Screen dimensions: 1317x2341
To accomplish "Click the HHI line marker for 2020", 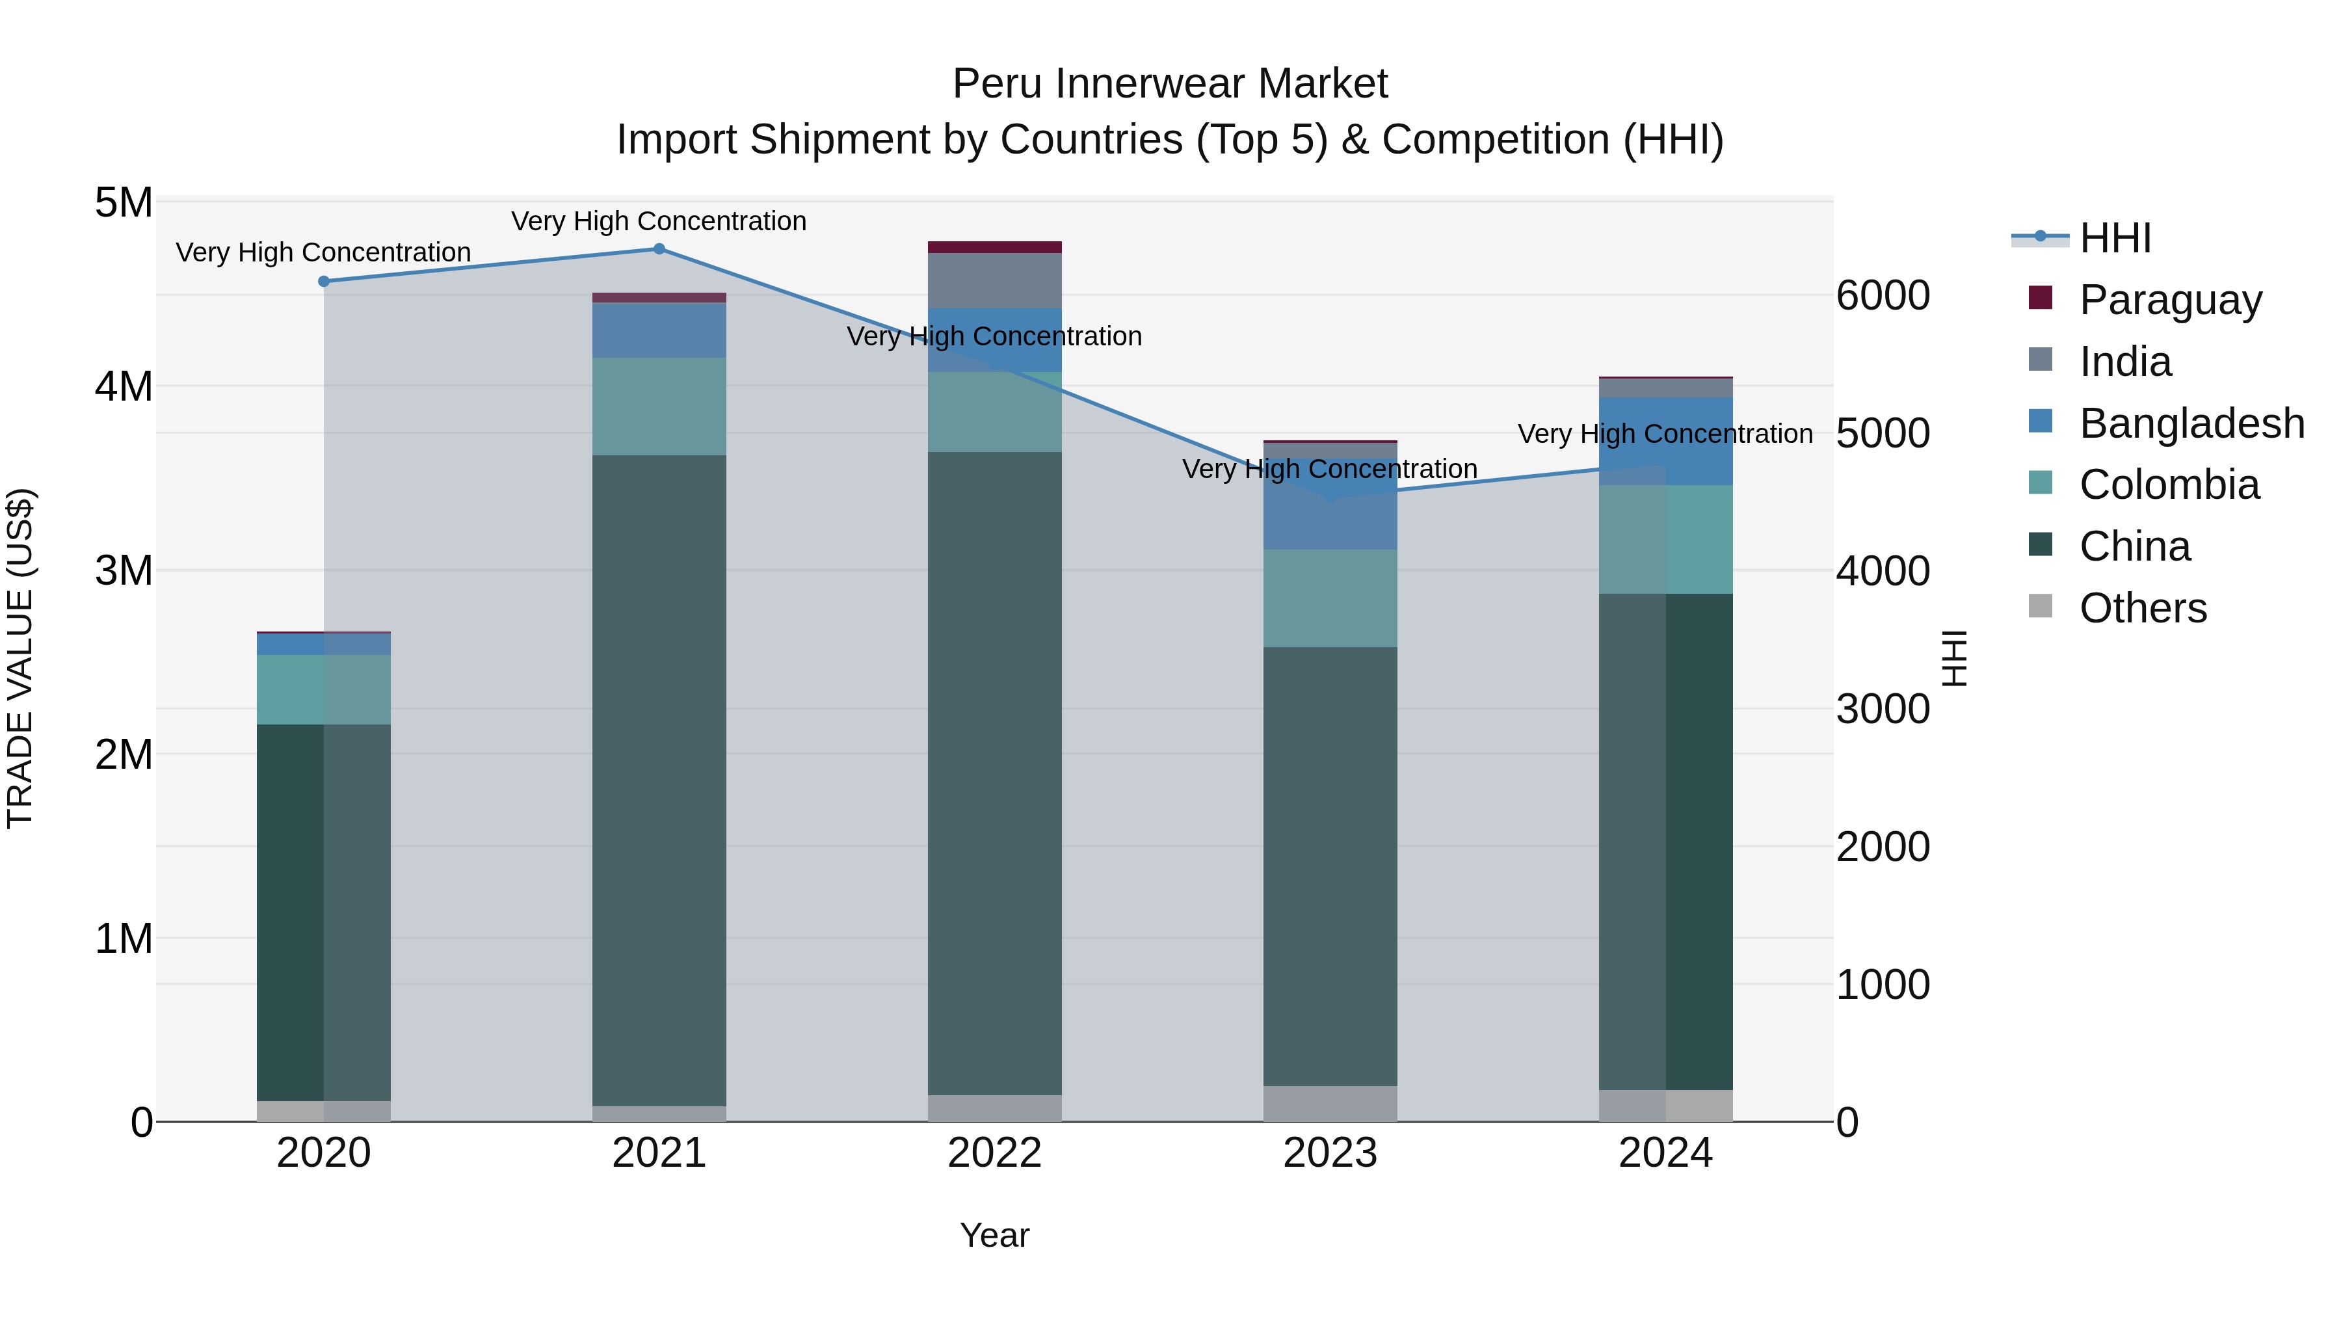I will [x=324, y=282].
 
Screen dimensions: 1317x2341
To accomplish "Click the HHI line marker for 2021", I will [x=659, y=249].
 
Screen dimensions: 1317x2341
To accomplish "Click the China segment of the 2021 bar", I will [x=659, y=782].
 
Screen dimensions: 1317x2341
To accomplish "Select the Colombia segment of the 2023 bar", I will [x=1330, y=598].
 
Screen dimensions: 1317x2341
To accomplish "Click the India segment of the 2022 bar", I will [x=994, y=281].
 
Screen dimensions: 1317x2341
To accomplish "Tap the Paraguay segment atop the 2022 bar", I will [x=994, y=247].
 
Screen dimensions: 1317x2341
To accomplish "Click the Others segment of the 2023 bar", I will [x=1330, y=1104].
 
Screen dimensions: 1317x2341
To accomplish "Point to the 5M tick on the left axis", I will [x=124, y=203].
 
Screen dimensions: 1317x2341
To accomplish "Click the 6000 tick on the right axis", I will [x=1882, y=295].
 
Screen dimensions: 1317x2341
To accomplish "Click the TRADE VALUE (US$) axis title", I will [x=20, y=659].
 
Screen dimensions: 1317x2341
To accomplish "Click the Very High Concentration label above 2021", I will [x=659, y=221].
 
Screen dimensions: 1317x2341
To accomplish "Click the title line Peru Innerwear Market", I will [x=1170, y=84].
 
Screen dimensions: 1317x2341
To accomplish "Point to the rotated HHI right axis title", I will [x=1954, y=659].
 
